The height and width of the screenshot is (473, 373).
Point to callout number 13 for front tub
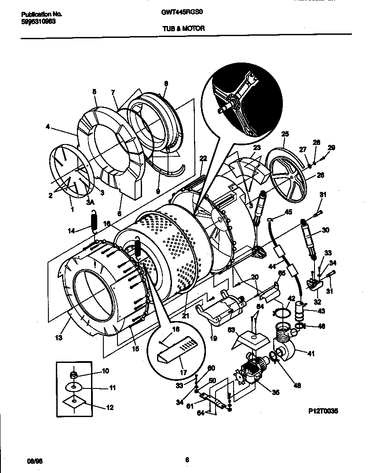[x=59, y=338]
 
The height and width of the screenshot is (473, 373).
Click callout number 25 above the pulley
[x=285, y=133]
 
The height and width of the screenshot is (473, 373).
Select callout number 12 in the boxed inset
[x=110, y=408]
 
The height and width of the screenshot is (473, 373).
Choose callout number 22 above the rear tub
[x=202, y=159]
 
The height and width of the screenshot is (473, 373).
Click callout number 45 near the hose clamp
[x=288, y=212]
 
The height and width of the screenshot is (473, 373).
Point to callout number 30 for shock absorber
[x=325, y=230]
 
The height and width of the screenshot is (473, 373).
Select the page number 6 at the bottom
[x=187, y=460]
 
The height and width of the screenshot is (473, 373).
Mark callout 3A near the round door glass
[x=90, y=203]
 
